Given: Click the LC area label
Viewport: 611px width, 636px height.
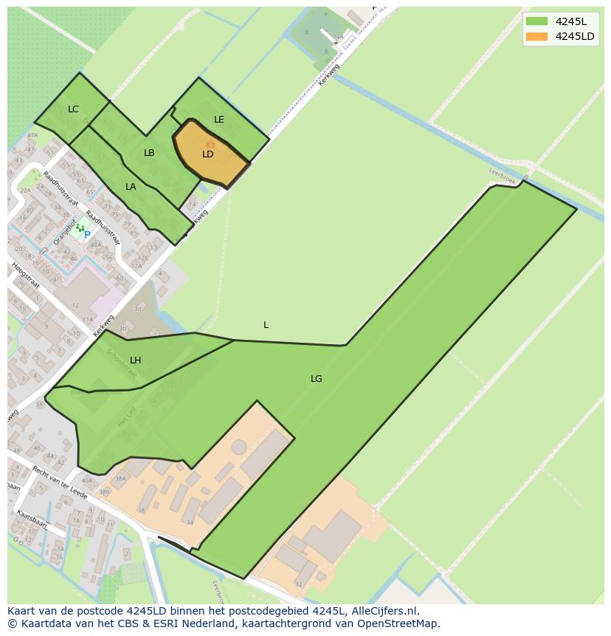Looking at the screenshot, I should pos(73,109).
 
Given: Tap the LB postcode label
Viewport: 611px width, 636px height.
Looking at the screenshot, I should pos(149,153).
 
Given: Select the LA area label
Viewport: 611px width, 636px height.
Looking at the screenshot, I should pos(131,187).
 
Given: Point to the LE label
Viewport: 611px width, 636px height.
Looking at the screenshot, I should pos(219,120).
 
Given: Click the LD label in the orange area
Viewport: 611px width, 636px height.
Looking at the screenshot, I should pos(208,154).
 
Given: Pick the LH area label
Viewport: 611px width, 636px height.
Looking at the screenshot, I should pos(135,360).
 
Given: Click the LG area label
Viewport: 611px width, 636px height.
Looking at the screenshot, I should pos(316,379).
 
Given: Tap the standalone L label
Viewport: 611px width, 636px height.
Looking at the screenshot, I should pos(266,325).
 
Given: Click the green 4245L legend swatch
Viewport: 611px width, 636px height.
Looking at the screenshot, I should pos(536,21).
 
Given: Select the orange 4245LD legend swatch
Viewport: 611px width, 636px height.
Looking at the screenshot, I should pos(536,37).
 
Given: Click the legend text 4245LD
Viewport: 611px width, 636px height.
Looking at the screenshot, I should pos(575,37).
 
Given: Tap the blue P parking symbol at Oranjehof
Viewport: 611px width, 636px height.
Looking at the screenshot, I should pos(87,235).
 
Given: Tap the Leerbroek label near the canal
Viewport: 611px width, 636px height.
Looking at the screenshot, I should pos(502,175).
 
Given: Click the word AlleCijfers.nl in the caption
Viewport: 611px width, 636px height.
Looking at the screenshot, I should pos(384,611).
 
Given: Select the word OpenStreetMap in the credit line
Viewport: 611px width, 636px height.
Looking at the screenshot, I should pos(399,623).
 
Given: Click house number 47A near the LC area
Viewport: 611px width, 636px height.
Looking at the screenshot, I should pos(32,136).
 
